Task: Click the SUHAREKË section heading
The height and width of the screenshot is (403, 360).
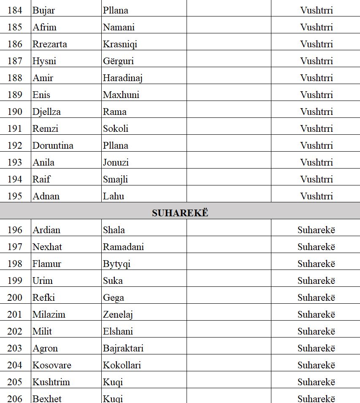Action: [180, 213]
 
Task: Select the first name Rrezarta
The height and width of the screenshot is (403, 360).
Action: [50, 44]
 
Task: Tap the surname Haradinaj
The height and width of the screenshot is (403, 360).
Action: [123, 78]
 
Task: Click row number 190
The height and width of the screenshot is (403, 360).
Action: [15, 112]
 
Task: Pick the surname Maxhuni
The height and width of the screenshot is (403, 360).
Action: [121, 95]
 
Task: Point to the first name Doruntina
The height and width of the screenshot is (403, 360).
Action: [53, 145]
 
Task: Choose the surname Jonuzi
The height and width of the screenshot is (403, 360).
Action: [116, 162]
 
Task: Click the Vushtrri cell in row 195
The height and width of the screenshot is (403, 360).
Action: [317, 196]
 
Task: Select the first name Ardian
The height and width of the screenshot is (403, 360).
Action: [46, 230]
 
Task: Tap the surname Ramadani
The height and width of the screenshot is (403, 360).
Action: [123, 247]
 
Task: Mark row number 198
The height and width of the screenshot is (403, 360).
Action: [15, 264]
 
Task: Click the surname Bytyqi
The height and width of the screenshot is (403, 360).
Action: [116, 264]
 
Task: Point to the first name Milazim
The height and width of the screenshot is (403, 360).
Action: [49, 314]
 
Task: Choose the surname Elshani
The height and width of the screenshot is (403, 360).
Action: [118, 331]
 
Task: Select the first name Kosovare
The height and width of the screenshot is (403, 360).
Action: [52, 365]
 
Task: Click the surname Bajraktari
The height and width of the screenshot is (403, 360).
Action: [123, 348]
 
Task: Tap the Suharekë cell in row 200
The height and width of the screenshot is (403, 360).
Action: [316, 297]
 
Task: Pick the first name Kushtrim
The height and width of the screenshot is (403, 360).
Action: [51, 382]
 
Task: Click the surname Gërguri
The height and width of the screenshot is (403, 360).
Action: [118, 61]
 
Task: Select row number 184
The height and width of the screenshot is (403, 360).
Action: [15, 10]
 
